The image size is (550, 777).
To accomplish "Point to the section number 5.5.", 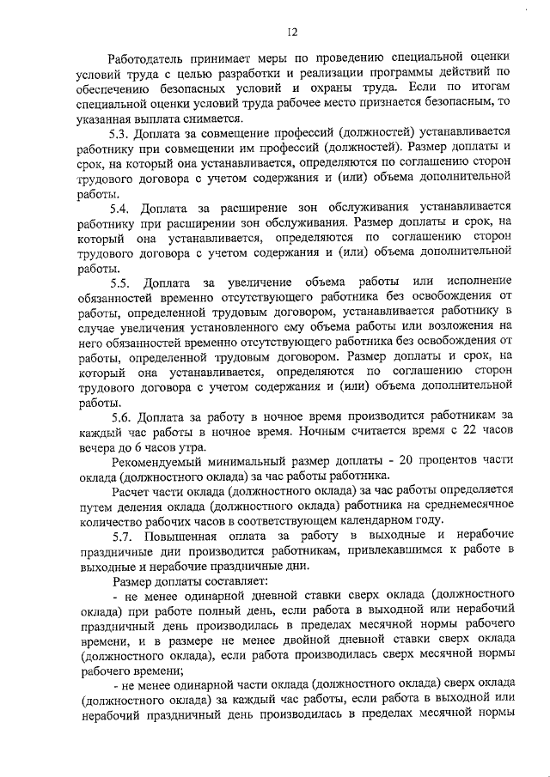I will click(121, 282).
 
